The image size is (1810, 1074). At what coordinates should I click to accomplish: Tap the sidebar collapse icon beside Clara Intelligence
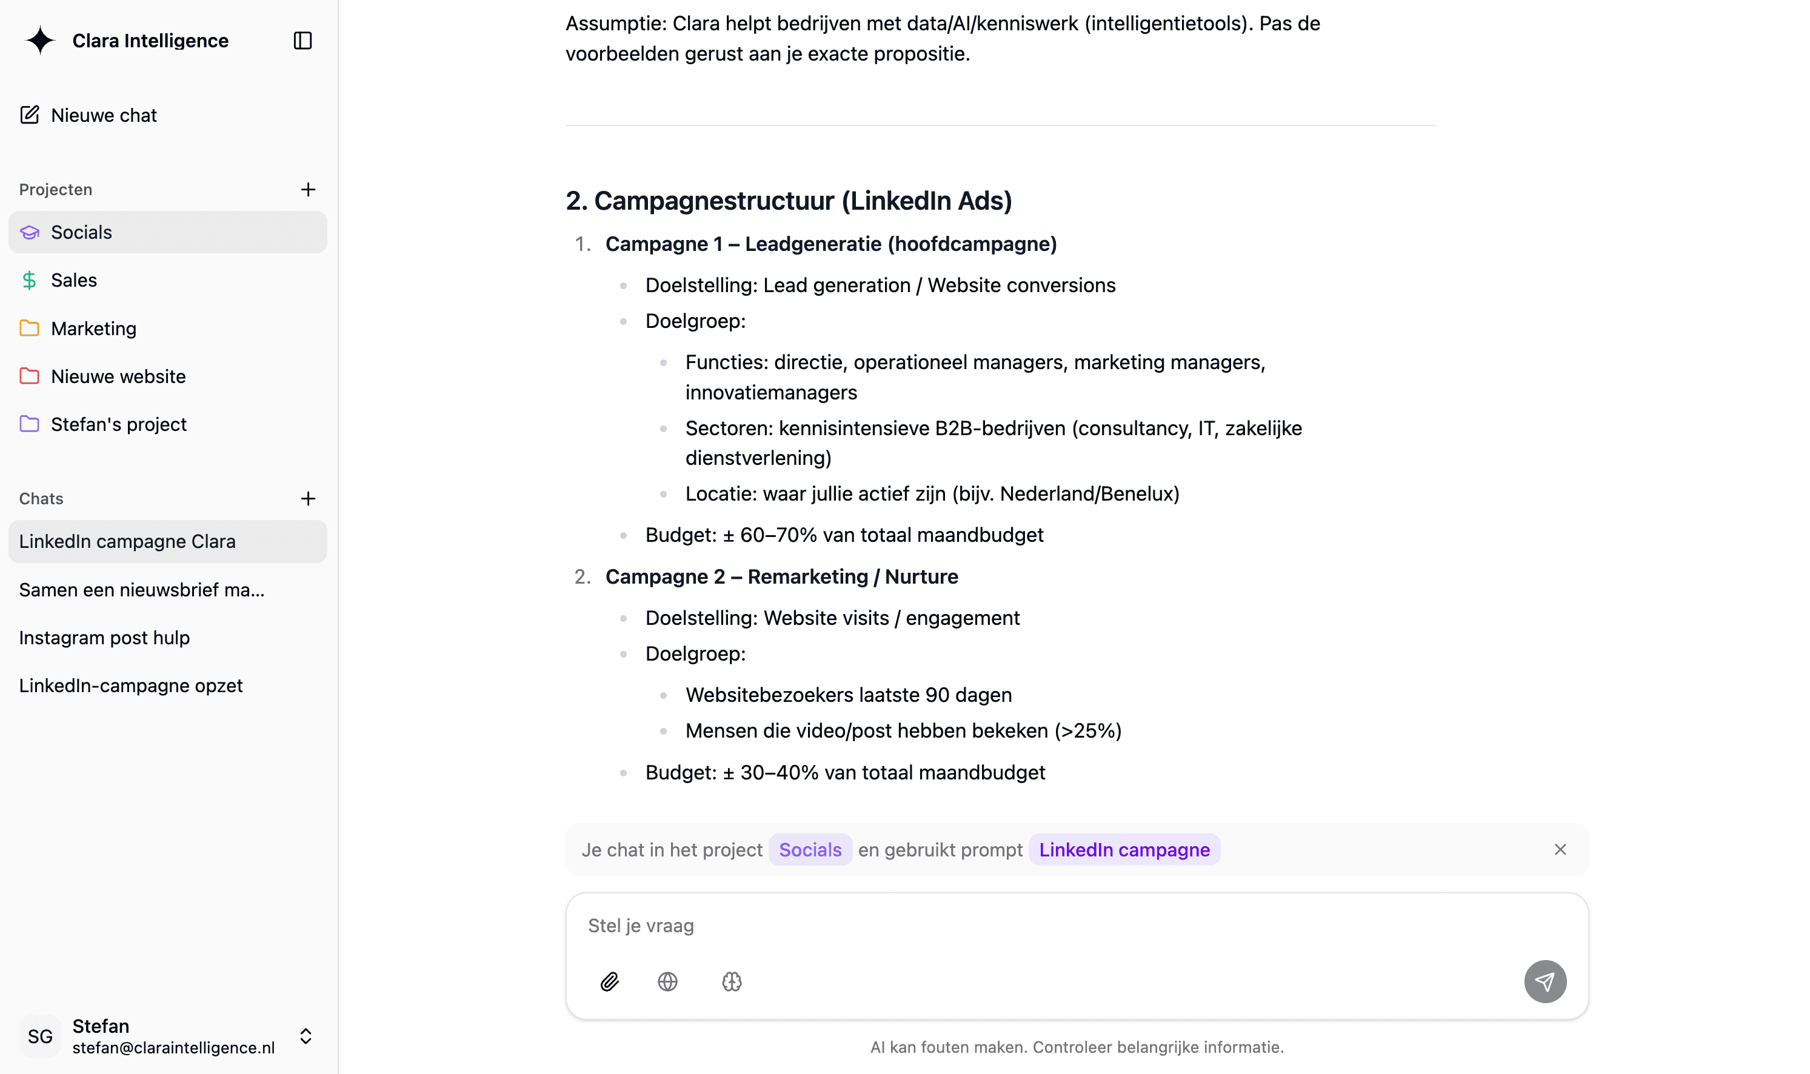click(302, 41)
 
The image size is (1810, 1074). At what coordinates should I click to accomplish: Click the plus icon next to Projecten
click(307, 190)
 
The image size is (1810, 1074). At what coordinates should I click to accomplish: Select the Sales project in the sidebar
click(74, 280)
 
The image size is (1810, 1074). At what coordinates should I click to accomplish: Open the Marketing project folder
click(93, 329)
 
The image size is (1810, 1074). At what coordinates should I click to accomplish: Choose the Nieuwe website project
click(118, 376)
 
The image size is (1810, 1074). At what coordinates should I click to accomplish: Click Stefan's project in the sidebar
click(119, 424)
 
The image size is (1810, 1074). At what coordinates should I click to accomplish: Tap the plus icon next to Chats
click(307, 499)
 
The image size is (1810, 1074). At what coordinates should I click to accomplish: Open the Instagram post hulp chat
click(104, 638)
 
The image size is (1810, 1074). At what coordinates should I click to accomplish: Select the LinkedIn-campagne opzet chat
click(131, 685)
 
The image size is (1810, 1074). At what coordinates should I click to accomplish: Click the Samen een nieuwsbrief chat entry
click(142, 590)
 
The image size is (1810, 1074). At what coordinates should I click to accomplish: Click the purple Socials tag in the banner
click(810, 850)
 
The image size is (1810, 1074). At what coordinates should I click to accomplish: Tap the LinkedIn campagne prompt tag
click(1124, 850)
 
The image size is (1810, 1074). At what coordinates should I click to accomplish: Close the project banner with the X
click(1560, 850)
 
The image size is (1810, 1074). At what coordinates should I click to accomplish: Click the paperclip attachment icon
click(609, 981)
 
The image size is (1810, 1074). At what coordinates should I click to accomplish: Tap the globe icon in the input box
click(667, 981)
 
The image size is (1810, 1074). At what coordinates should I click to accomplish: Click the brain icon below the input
click(732, 981)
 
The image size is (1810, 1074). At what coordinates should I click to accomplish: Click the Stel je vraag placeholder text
click(641, 926)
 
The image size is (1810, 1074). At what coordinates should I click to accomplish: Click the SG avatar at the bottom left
click(40, 1036)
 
